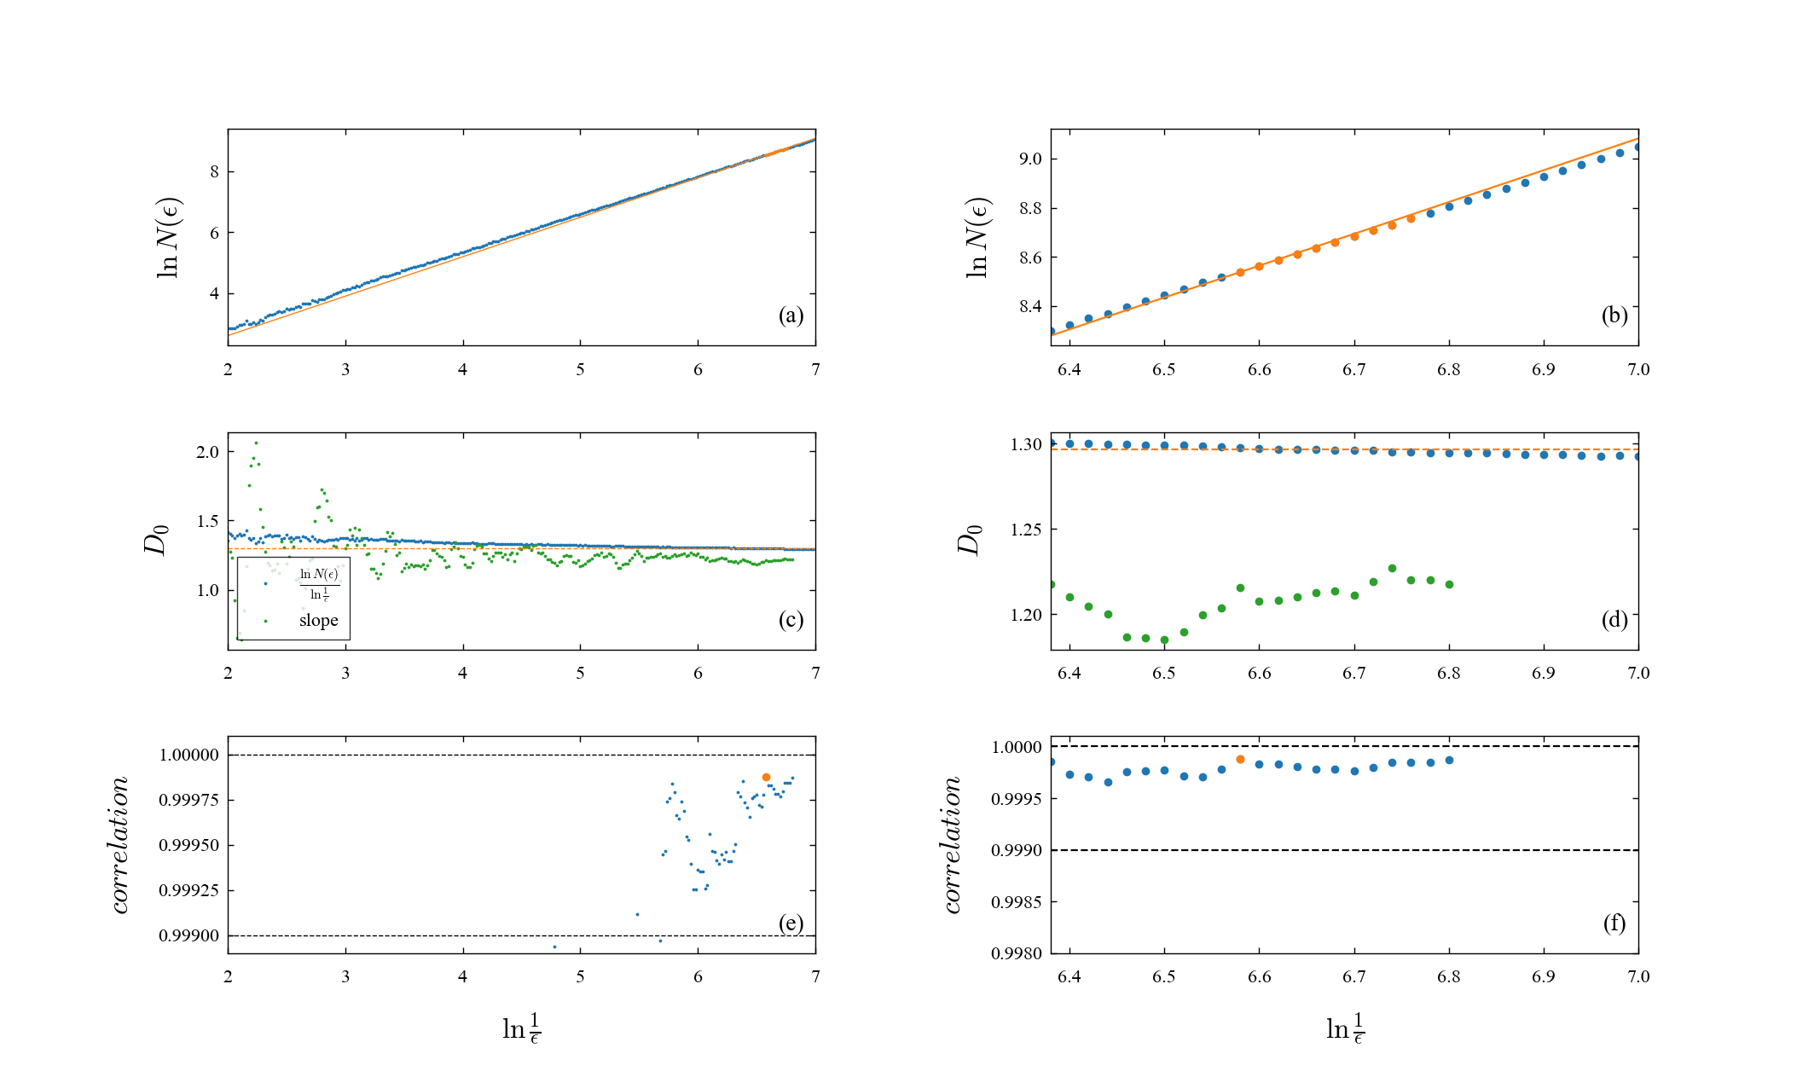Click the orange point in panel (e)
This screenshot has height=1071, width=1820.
[766, 777]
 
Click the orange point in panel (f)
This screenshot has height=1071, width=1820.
[1240, 759]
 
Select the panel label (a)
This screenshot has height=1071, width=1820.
[791, 316]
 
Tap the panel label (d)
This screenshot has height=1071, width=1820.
[1614, 619]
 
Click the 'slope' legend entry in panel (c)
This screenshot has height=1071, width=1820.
[318, 621]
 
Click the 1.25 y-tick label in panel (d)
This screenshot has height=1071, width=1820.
[1026, 530]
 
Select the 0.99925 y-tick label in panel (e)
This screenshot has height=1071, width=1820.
[188, 890]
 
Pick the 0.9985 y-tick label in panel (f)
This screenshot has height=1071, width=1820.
[1016, 902]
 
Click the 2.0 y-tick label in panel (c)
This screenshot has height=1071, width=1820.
[207, 453]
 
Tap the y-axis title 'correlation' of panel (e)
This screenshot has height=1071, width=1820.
[120, 845]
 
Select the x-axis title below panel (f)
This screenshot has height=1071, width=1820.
[1345, 1028]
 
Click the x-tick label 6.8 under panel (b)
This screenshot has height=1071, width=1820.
[1448, 370]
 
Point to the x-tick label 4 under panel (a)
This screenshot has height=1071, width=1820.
[462, 370]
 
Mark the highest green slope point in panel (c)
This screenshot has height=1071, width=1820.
[256, 443]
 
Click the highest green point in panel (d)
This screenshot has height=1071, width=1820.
[1392, 568]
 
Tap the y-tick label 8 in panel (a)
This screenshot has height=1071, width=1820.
[214, 172]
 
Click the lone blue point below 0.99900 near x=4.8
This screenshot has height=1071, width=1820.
[554, 947]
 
